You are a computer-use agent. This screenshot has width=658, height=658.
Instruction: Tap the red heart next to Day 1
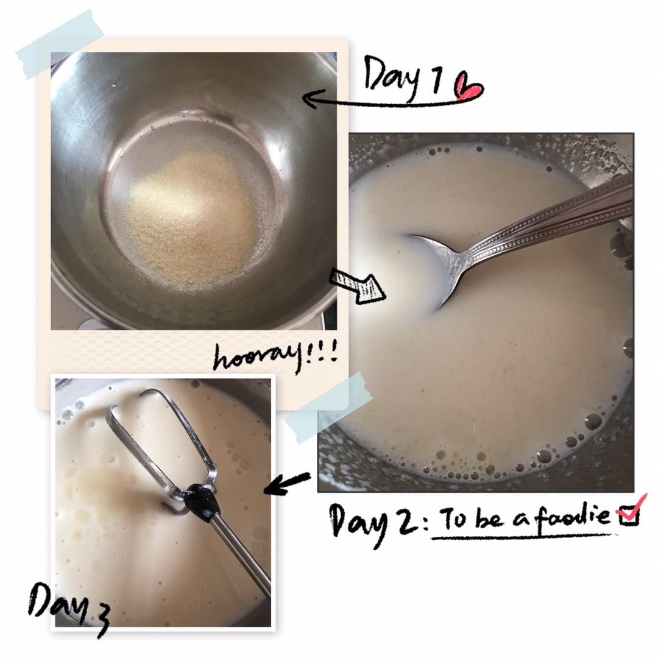click(469, 87)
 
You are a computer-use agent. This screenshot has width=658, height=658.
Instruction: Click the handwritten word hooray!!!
click(275, 356)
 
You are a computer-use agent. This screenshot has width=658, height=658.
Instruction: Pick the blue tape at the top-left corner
click(60, 44)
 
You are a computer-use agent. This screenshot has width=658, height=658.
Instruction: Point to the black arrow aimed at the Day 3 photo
click(287, 483)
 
